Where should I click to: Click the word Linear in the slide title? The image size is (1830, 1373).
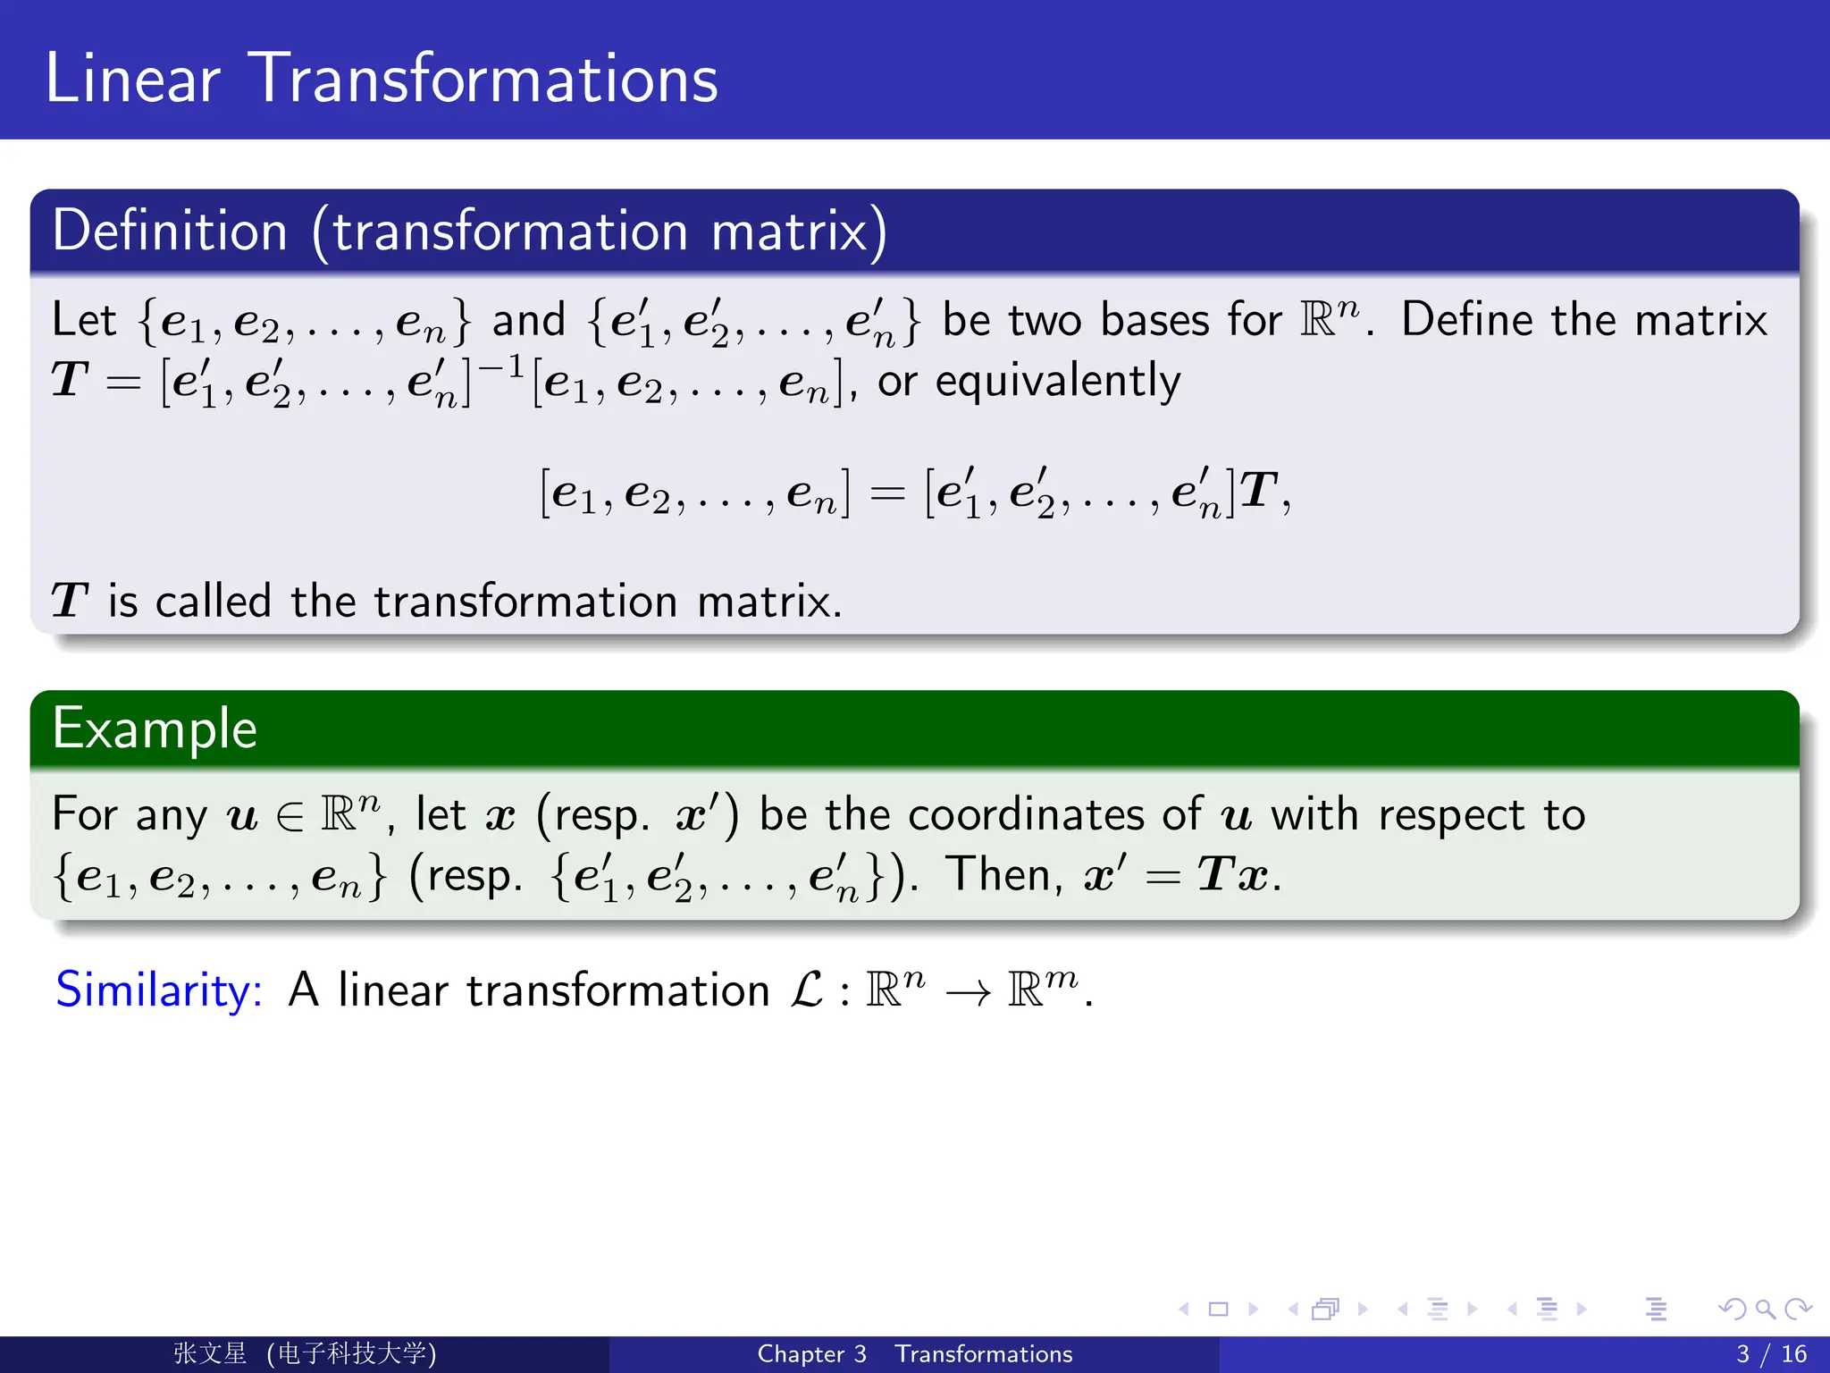click(x=132, y=79)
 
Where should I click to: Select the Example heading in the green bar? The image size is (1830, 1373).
click(x=155, y=728)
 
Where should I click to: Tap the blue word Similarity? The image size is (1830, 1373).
click(x=159, y=990)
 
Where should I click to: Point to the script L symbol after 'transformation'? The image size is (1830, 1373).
click(x=807, y=990)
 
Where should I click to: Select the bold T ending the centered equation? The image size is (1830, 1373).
click(x=1259, y=491)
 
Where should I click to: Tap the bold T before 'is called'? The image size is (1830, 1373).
click(x=69, y=601)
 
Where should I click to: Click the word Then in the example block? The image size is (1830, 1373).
click(x=1003, y=874)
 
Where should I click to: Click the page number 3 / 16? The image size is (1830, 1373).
click(x=1771, y=1354)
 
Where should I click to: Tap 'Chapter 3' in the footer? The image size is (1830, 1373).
click(x=811, y=1354)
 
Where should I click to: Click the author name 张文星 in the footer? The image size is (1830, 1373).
click(x=210, y=1353)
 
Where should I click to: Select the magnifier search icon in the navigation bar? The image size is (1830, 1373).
click(x=1765, y=1310)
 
